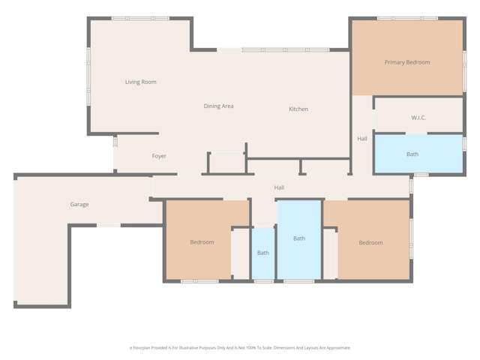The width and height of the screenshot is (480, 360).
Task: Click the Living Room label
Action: click(x=140, y=82)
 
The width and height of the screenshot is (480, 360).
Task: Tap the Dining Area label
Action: click(x=218, y=106)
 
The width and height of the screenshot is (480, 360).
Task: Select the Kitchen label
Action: click(x=298, y=109)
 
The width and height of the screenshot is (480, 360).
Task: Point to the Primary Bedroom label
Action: click(x=407, y=62)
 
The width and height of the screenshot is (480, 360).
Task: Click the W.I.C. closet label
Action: click(x=418, y=118)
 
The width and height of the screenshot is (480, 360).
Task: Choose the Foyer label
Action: click(x=159, y=156)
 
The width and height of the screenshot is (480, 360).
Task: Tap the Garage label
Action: click(x=79, y=204)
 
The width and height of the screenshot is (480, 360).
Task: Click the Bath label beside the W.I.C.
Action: click(x=412, y=154)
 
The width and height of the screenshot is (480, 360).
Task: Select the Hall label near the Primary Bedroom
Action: click(x=362, y=139)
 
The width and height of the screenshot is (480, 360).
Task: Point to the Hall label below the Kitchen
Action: click(x=279, y=187)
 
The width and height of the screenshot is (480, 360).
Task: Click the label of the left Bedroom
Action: click(x=202, y=242)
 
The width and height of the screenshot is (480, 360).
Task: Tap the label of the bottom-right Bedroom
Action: click(x=370, y=242)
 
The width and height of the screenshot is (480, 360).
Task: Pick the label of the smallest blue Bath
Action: click(x=263, y=253)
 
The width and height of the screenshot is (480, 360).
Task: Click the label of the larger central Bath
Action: click(x=299, y=238)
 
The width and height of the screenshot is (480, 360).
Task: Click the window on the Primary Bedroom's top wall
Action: click(x=406, y=19)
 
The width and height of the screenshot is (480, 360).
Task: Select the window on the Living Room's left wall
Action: click(x=88, y=67)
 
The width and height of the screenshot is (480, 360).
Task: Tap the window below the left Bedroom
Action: click(x=199, y=281)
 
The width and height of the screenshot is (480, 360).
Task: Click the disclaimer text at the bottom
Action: click(x=240, y=348)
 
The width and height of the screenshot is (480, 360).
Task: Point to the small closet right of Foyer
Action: click(x=226, y=163)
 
